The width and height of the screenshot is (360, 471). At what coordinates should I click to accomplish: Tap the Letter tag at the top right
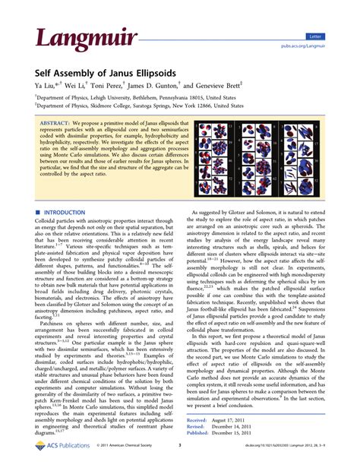[335, 36]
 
